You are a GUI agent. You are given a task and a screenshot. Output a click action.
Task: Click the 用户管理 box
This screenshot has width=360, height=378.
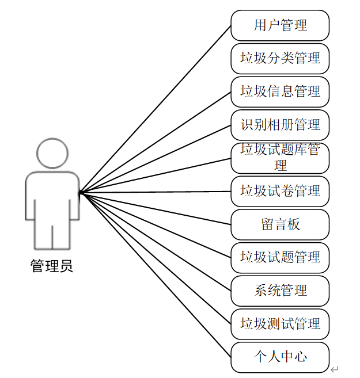[280, 25]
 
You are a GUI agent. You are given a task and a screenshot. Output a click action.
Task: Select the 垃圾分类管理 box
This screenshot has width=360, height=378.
[280, 59]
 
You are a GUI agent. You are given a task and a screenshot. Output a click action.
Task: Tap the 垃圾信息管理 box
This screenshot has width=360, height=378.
[280, 92]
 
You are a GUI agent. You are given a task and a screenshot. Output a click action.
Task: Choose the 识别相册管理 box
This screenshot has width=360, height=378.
[280, 125]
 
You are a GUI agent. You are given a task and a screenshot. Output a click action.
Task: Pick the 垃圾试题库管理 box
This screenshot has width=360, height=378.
[280, 158]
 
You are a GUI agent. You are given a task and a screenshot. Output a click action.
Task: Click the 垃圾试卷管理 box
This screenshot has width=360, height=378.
[280, 191]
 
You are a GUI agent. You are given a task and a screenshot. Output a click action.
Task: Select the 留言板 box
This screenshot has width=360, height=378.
[280, 224]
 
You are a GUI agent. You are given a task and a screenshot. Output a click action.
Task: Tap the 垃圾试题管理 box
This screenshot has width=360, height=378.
[280, 257]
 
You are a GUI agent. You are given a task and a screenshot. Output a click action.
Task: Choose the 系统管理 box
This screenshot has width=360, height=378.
[280, 291]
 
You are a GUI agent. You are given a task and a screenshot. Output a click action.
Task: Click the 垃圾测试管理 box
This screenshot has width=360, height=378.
[280, 324]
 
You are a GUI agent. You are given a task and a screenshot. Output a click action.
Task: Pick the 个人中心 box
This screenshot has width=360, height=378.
[280, 357]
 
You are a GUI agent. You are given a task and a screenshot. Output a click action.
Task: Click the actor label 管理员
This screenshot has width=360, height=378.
[52, 267]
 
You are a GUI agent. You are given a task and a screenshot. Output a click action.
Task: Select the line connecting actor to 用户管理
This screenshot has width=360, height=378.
[156, 109]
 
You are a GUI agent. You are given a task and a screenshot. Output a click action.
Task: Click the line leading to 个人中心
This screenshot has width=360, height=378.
[156, 274]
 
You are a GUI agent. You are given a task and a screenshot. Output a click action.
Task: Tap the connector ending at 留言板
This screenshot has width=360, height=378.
[156, 208]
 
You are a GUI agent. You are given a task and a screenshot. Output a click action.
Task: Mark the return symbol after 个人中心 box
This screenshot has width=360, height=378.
[335, 369]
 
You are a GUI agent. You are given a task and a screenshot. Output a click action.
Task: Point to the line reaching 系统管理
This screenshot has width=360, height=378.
[156, 242]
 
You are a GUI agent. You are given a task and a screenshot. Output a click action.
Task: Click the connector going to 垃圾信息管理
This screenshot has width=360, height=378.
[156, 142]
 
